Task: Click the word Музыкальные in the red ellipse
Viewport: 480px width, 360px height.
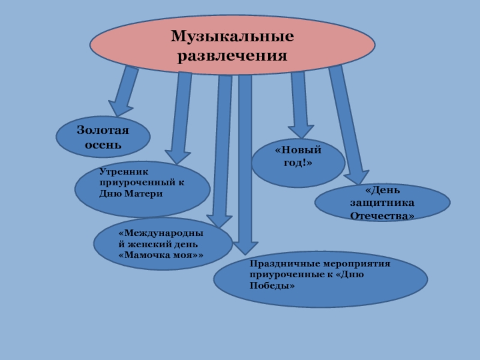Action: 232,37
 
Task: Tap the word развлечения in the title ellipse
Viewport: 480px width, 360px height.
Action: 232,56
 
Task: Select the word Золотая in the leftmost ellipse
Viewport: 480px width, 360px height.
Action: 103,131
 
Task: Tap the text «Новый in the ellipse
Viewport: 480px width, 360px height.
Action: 298,150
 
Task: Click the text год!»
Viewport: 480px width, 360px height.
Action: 298,163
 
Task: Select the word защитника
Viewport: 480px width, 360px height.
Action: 382,202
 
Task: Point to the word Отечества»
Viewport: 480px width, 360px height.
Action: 382,214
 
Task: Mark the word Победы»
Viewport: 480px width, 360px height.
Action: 272,286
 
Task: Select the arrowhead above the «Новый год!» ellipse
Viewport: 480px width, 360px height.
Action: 300,132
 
